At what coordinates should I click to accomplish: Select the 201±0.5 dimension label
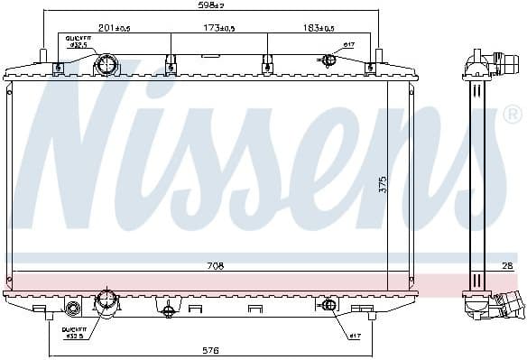pyautogui.click(x=114, y=29)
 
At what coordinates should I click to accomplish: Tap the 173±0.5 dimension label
pyautogui.click(x=218, y=29)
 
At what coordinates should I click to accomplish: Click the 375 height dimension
pyautogui.click(x=384, y=185)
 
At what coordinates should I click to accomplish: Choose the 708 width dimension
pyautogui.click(x=215, y=266)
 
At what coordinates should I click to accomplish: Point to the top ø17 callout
pyautogui.click(x=347, y=44)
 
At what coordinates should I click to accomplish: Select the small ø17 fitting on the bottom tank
pyautogui.click(x=329, y=304)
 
